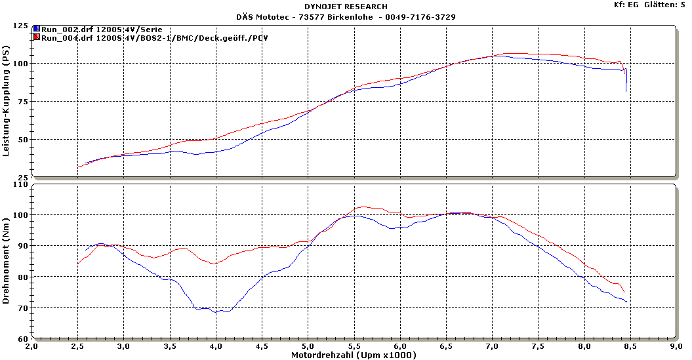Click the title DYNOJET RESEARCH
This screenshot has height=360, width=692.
346,7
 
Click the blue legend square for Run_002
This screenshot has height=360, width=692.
37,30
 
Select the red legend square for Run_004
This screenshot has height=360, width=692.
37,38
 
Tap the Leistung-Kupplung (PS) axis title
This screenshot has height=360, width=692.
6,101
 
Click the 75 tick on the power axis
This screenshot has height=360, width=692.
23,102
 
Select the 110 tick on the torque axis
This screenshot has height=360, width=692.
20,185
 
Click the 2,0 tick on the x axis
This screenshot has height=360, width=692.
31,346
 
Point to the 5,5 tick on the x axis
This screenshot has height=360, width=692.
354,346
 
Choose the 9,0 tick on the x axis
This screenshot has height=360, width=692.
676,346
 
